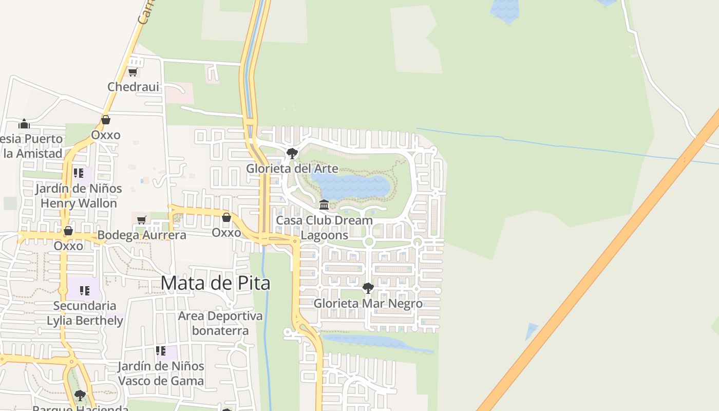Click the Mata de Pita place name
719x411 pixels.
pyautogui.click(x=215, y=283)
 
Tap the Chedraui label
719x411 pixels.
pyautogui.click(x=133, y=87)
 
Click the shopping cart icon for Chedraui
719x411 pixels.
pyautogui.click(x=133, y=72)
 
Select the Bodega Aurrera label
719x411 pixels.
pyautogui.click(x=141, y=235)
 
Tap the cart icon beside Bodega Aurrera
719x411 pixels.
pyautogui.click(x=142, y=220)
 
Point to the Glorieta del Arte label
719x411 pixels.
pyautogui.click(x=292, y=169)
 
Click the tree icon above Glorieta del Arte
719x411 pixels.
pyautogui.click(x=292, y=153)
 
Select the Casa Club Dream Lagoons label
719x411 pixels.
pyautogui.click(x=324, y=227)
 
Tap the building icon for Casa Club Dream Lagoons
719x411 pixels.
pyautogui.click(x=324, y=205)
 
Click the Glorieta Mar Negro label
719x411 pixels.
pyautogui.click(x=368, y=303)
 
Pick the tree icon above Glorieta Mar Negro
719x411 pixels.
pyautogui.click(x=368, y=288)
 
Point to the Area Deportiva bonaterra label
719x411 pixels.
pyautogui.click(x=220, y=323)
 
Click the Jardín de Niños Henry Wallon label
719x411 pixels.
pyautogui.click(x=79, y=196)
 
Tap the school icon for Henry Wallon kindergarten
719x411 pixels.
pyautogui.click(x=78, y=173)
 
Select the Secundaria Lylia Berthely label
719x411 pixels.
pyautogui.click(x=85, y=313)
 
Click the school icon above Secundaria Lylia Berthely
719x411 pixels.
pyautogui.click(x=85, y=291)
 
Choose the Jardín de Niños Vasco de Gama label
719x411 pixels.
pyautogui.click(x=161, y=373)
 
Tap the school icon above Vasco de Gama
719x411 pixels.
pyautogui.click(x=161, y=351)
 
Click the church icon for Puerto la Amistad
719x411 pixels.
pyautogui.click(x=24, y=124)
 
